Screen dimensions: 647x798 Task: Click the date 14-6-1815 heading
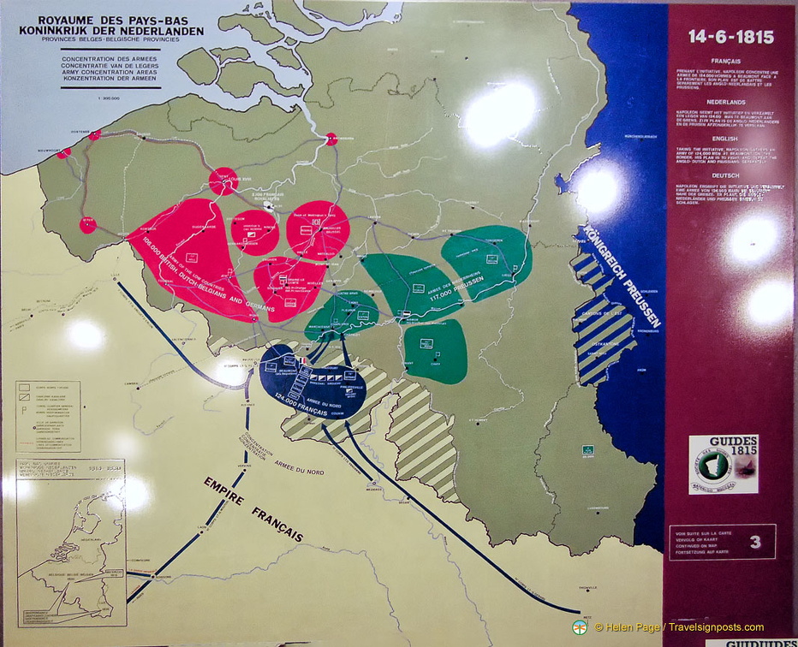pos(730,38)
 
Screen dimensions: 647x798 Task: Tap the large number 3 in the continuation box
pos(755,541)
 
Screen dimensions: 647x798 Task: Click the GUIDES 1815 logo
pos(723,465)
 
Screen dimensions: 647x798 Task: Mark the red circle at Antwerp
pos(331,139)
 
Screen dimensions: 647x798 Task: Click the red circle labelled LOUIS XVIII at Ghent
pos(223,181)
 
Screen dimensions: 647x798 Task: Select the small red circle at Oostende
pos(94,134)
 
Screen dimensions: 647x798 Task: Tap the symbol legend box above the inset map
pos(48,417)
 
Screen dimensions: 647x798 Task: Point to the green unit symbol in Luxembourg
pos(588,449)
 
